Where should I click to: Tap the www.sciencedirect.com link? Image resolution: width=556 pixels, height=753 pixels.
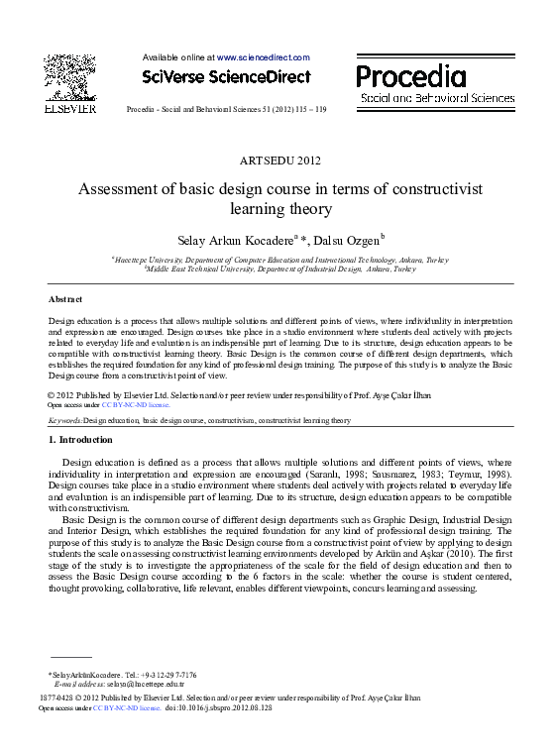click(x=263, y=57)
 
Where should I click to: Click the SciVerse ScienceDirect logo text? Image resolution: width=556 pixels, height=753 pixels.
click(x=226, y=76)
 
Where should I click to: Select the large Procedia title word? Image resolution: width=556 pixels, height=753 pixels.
click(x=410, y=76)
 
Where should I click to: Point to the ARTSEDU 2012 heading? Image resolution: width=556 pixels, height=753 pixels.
click(x=280, y=160)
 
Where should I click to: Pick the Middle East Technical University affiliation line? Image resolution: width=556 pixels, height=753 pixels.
click(x=280, y=269)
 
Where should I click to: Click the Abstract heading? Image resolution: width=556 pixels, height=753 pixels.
click(x=65, y=298)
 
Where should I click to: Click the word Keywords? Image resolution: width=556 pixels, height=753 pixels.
click(x=65, y=420)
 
